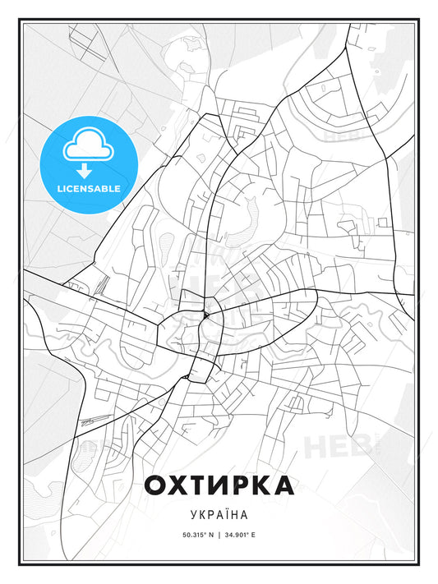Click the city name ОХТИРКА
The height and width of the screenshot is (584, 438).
click(219, 485)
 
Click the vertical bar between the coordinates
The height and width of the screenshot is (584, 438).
click(219, 536)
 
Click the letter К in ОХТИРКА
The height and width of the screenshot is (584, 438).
click(261, 485)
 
